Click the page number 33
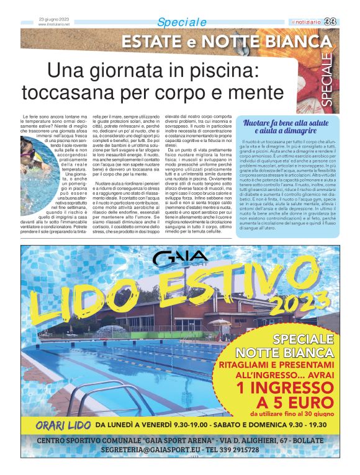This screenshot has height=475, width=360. pos(348,23)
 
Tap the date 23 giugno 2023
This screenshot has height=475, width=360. pos(54,19)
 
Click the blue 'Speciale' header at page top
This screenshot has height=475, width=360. pos(181,22)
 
